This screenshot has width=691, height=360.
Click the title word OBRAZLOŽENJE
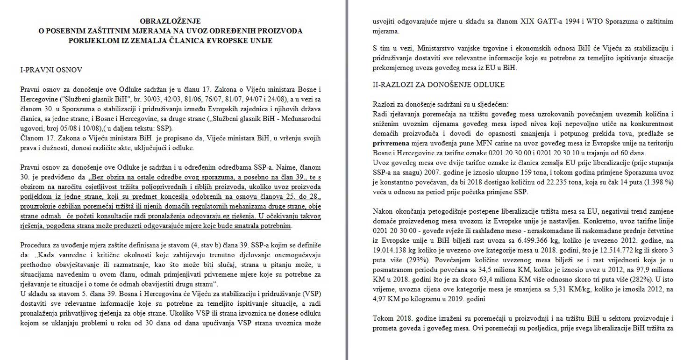(x=171, y=21)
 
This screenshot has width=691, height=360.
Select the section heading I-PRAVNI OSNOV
(x=51, y=70)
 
